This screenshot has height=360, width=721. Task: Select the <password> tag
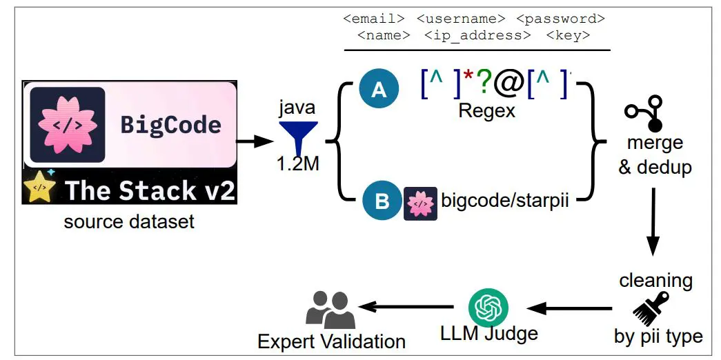[560, 18]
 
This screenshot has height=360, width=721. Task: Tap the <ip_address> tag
[477, 34]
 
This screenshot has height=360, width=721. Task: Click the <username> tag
[460, 18]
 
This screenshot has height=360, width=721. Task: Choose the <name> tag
[384, 34]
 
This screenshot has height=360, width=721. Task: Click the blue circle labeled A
[379, 90]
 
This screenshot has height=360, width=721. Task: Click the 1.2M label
[298, 166]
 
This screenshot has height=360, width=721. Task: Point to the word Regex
[486, 111]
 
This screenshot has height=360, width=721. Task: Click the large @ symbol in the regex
[509, 83]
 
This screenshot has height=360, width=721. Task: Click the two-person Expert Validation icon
[330, 310]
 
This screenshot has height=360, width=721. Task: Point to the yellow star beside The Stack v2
[41, 188]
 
